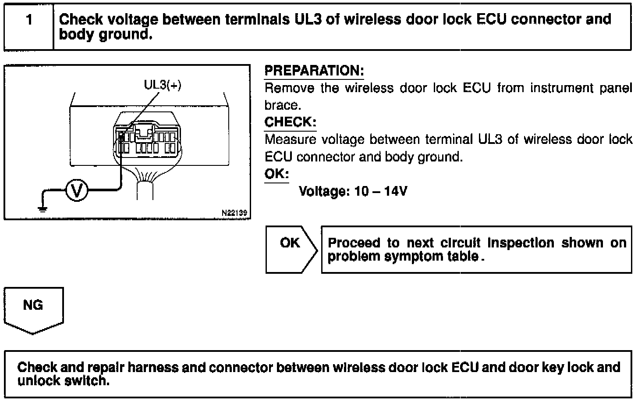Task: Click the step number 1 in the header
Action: (29, 20)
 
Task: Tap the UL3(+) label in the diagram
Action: (162, 85)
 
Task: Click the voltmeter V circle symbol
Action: (77, 190)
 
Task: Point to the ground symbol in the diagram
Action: (43, 208)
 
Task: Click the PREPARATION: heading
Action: (314, 71)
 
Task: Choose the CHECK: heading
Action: (290, 122)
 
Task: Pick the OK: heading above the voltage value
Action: (276, 174)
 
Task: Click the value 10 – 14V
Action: (381, 191)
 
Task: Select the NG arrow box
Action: (33, 307)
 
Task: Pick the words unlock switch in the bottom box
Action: (63, 381)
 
